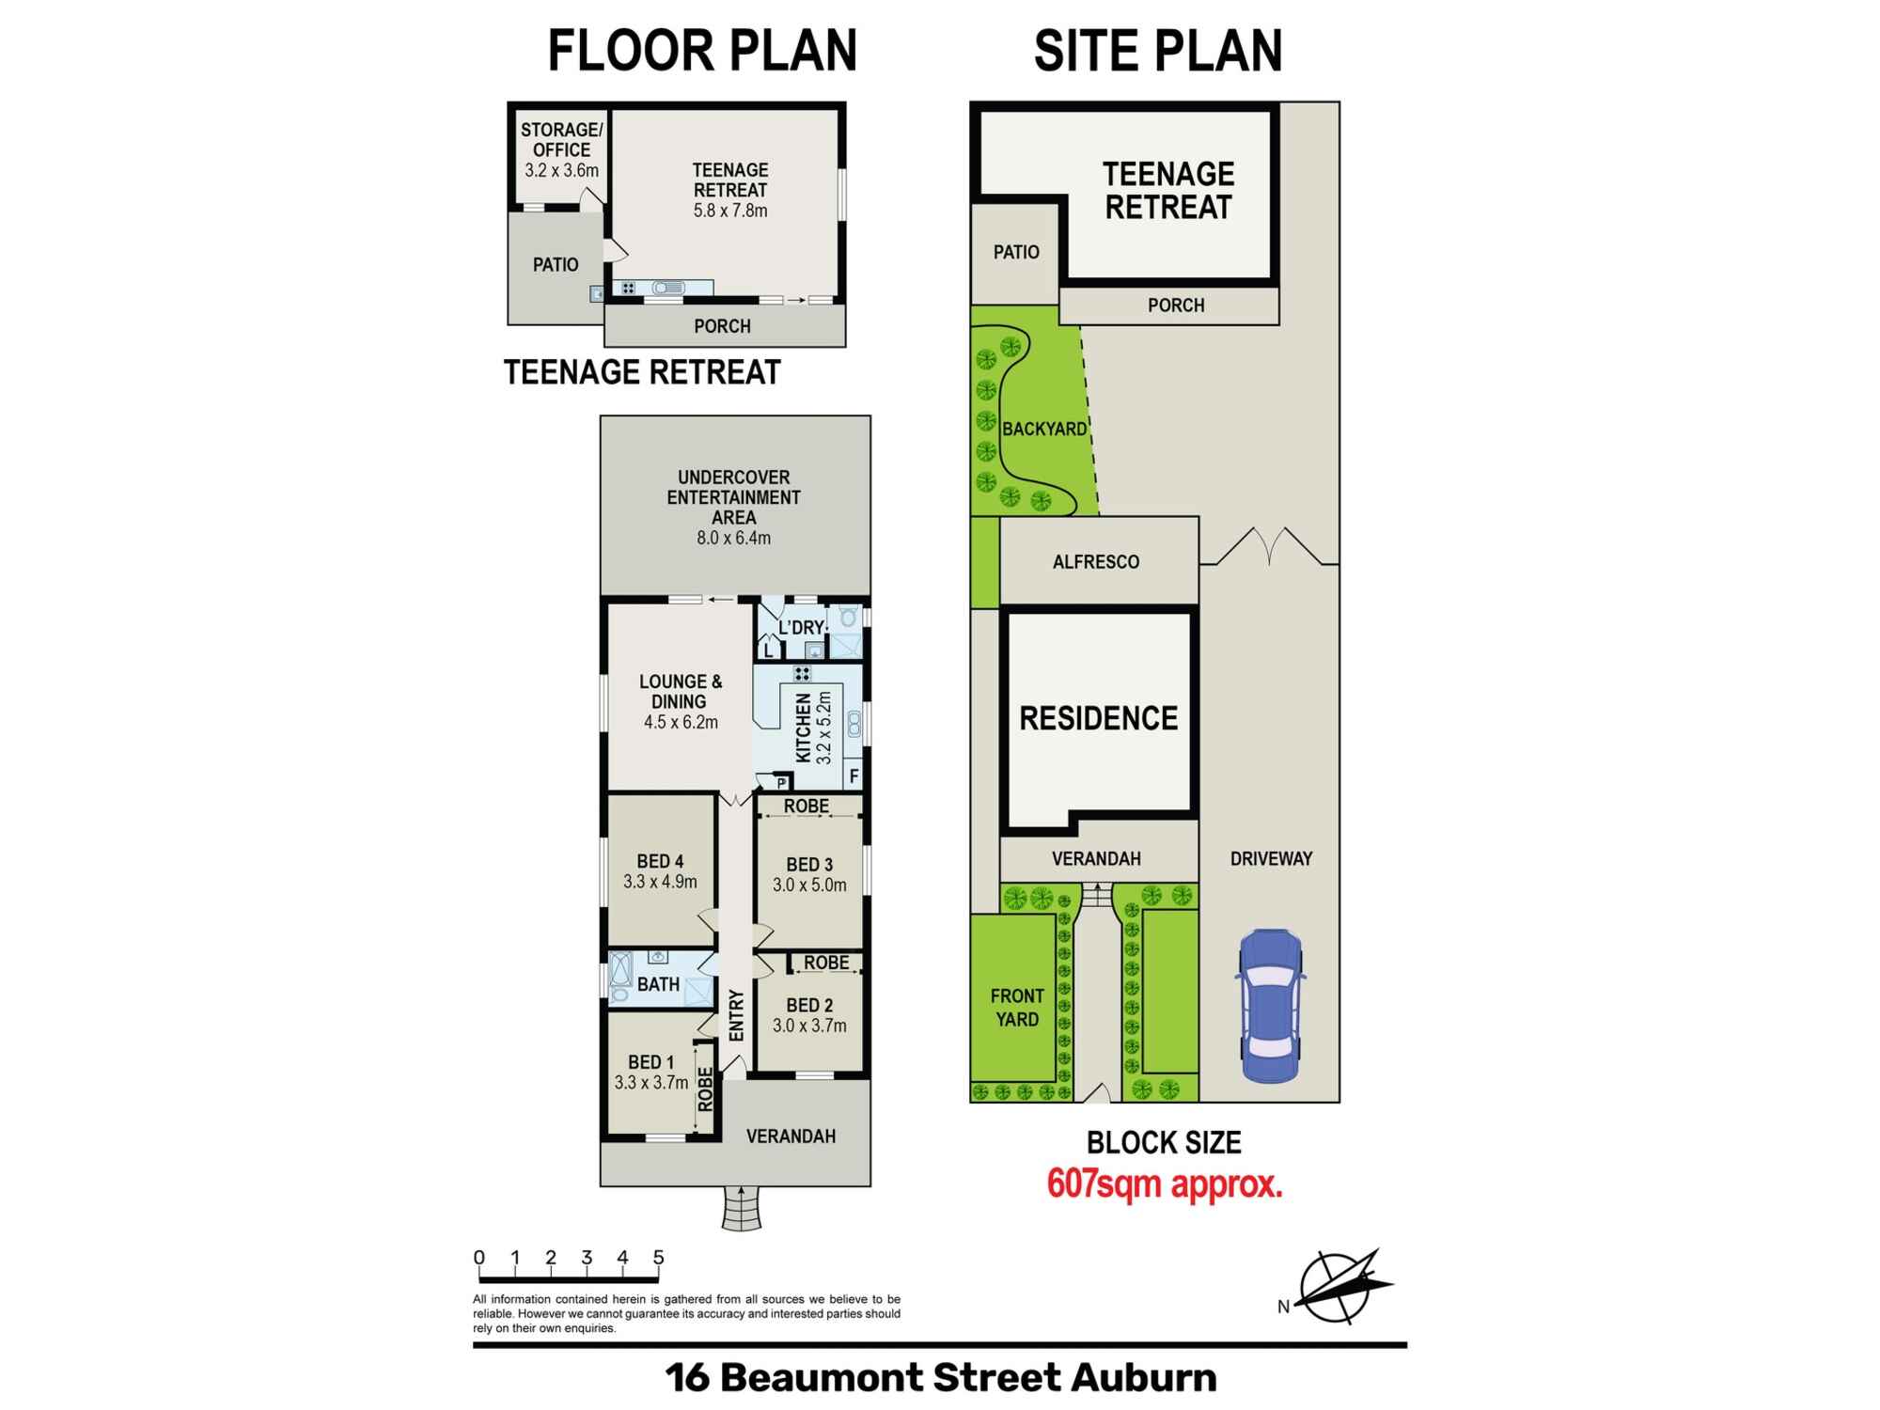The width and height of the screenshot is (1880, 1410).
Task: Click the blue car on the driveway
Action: (x=1271, y=1006)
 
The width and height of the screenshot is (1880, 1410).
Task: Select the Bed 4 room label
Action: (x=660, y=861)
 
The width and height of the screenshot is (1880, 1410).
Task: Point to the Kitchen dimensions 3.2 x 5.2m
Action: (x=824, y=727)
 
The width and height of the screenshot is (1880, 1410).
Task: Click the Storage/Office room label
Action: (x=562, y=139)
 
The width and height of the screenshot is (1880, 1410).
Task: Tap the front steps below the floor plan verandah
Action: (x=742, y=1208)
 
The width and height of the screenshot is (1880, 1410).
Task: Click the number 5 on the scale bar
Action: (x=659, y=1258)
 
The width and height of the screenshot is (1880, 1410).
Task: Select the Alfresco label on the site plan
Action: (x=1096, y=562)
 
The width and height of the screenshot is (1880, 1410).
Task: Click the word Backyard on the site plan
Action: (x=1044, y=430)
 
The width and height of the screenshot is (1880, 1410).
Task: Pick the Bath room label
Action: (x=658, y=984)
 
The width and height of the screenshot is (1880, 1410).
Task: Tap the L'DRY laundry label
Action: (x=801, y=627)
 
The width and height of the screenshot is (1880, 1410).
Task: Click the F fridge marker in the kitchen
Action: (x=854, y=776)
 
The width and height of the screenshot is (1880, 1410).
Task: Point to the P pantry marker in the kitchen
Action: (x=781, y=782)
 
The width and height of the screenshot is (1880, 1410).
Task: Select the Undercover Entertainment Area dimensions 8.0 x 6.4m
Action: (x=733, y=538)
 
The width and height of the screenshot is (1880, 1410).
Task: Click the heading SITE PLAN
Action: (x=1158, y=51)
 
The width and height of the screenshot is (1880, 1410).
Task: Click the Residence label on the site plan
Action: (x=1099, y=718)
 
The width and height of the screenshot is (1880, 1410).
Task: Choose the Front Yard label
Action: (x=1017, y=1008)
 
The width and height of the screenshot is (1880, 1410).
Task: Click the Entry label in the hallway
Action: (x=737, y=1015)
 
